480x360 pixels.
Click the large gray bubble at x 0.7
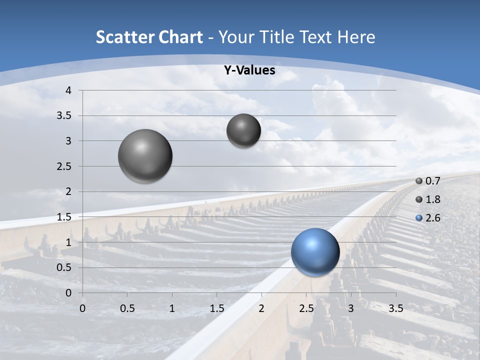pyautogui.click(x=145, y=156)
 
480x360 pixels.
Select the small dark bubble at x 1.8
pyautogui.click(x=243, y=130)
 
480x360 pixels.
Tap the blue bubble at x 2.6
pyautogui.click(x=315, y=252)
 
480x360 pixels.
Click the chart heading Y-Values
pyautogui.click(x=249, y=70)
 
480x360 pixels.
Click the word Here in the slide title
pyautogui.click(x=356, y=37)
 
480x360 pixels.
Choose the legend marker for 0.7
pyautogui.click(x=419, y=181)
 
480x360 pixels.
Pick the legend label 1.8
pyautogui.click(x=432, y=199)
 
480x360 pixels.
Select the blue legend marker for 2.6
pyautogui.click(x=419, y=218)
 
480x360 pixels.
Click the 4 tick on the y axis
pyautogui.click(x=68, y=90)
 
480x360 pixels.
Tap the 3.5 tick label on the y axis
pyautogui.click(x=64, y=115)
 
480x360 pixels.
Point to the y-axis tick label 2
pyautogui.click(x=68, y=191)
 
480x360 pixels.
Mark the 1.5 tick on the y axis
pyautogui.click(x=64, y=217)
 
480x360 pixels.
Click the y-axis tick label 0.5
pyautogui.click(x=64, y=267)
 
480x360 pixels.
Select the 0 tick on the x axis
pyautogui.click(x=82, y=308)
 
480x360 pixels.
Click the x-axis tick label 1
pyautogui.click(x=172, y=308)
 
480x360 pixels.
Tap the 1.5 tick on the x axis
pyautogui.click(x=216, y=308)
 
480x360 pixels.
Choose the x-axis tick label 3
pyautogui.click(x=351, y=308)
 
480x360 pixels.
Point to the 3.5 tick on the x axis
pyautogui.click(x=395, y=308)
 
